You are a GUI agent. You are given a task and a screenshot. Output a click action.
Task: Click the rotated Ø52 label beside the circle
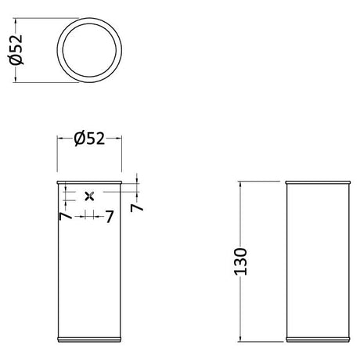tap(16, 49)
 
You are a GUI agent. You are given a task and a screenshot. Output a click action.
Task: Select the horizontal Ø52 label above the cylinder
tap(89, 139)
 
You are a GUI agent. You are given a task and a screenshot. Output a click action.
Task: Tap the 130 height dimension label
tap(240, 261)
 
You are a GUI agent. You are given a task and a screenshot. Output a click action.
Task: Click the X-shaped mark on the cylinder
tap(89, 196)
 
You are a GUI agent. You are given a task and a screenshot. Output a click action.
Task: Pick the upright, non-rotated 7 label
tap(110, 217)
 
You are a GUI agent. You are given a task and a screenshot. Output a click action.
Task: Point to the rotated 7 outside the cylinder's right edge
tap(137, 207)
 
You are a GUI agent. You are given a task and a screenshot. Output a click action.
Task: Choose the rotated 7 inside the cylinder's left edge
tap(65, 216)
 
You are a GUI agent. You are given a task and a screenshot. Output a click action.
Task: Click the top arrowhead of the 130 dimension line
tap(240, 183)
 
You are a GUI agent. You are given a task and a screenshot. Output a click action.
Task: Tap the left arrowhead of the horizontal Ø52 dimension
tap(60, 139)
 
